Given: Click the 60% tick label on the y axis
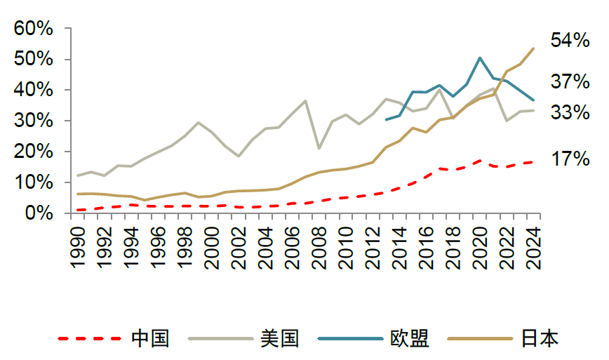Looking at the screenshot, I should [x=33, y=29].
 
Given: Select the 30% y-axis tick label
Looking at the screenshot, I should [x=33, y=121].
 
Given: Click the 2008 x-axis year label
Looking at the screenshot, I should [x=319, y=246].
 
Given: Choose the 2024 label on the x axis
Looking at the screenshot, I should [x=533, y=246].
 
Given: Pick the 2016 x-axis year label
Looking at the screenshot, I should [x=426, y=246].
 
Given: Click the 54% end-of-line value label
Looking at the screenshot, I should [x=570, y=40].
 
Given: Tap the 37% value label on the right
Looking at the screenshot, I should [x=570, y=81].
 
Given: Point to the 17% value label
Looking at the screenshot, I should [x=570, y=159].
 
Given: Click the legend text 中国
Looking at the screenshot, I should [x=150, y=338].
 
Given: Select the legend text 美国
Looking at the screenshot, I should [x=279, y=338].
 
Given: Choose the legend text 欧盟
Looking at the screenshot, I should [x=409, y=338].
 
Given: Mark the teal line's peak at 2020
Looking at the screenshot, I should [x=479, y=58].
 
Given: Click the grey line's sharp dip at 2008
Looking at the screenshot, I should [x=319, y=148].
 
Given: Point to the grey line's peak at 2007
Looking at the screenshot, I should [x=306, y=101].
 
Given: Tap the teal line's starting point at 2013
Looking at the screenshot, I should [x=386, y=119].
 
